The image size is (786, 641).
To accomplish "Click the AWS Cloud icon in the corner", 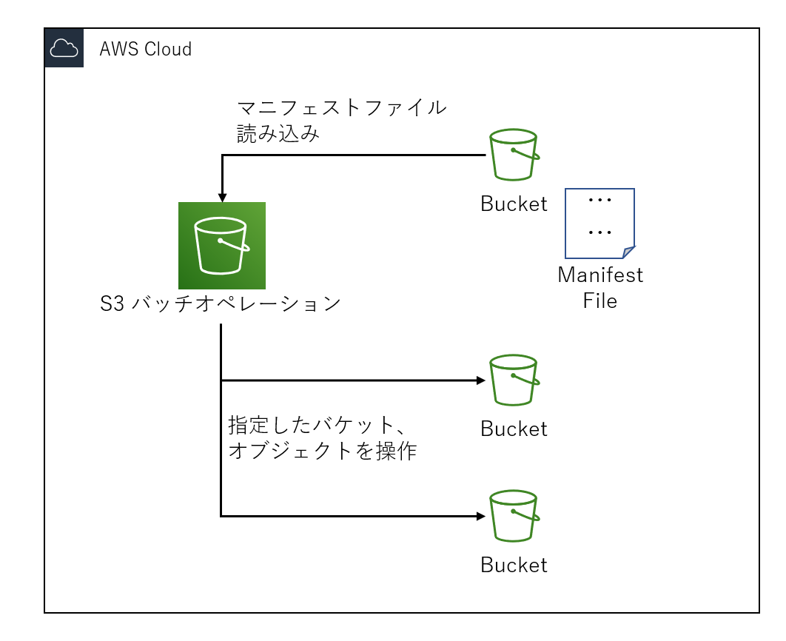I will [64, 48].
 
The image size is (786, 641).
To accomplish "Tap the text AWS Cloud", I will [146, 50].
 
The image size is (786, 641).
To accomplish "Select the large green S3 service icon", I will [222, 246].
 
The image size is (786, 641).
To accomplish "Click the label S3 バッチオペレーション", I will [221, 304].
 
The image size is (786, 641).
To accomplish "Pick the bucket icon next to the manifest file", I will [514, 155].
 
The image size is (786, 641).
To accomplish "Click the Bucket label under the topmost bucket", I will [514, 204].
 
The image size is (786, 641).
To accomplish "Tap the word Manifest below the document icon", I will [600, 275].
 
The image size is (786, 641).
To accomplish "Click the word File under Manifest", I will [599, 301].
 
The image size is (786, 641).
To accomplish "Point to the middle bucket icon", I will [514, 380].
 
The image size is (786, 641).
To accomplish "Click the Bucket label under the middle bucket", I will [514, 429].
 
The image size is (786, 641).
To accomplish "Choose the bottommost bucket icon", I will [514, 516].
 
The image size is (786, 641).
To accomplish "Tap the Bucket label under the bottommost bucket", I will [514, 566].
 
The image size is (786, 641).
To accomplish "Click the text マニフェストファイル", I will [341, 108].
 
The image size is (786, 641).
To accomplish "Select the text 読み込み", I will [278, 134].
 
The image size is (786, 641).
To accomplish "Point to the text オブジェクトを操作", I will [323, 451].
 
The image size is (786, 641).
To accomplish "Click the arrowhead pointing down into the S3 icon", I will [222, 197].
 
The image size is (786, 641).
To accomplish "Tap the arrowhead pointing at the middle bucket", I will [481, 380].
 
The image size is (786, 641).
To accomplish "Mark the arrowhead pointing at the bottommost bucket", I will [481, 516].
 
